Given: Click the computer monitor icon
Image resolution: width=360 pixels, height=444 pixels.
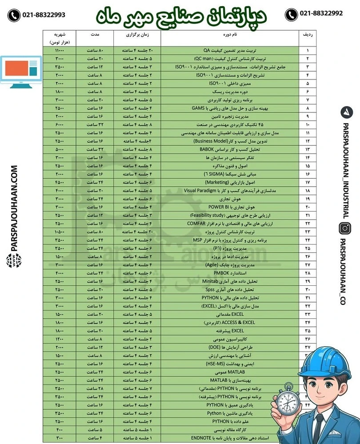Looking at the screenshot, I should point(21,70).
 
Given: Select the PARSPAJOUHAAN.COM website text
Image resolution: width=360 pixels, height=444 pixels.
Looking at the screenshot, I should point(14,209).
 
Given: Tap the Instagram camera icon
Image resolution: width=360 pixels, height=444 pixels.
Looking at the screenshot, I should point(345,228).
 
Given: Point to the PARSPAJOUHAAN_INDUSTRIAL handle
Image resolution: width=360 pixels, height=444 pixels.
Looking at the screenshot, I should point(345,169).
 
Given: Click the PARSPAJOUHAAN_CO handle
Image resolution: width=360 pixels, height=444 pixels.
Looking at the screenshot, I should point(345,271).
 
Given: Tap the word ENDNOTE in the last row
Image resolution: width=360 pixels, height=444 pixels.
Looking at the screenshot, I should point(200,437).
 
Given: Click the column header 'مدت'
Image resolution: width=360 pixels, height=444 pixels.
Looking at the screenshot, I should point(95,35).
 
